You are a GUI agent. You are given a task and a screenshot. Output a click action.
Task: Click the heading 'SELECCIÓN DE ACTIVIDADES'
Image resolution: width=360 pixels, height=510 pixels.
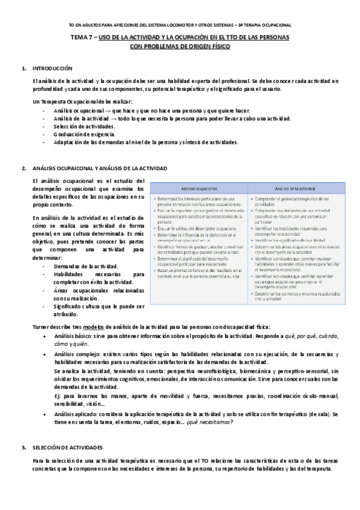point(67,448)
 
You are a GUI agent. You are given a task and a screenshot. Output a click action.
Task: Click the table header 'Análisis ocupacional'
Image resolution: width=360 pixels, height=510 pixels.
point(198,188)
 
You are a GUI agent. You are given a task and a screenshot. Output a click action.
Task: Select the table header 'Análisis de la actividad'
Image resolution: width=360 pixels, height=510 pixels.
point(295,188)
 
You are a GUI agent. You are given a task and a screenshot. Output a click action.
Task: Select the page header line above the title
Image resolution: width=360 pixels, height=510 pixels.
point(180,25)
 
